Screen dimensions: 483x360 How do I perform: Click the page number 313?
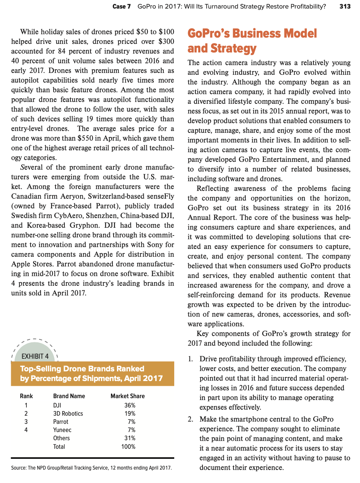345,6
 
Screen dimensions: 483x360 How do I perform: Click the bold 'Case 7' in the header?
121,6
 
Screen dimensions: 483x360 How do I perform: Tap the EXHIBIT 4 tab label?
35,356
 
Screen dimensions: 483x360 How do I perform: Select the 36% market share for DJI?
130,405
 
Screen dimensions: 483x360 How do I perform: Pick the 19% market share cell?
130,413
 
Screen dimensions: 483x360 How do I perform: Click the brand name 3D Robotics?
68,413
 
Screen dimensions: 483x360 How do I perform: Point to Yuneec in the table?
62,430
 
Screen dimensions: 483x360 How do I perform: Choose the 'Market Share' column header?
127,396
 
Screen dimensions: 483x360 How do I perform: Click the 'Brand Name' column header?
69,396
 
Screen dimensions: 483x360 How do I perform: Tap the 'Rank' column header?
26,396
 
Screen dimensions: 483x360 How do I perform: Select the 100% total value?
128,447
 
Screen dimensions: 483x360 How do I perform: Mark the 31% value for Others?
130,438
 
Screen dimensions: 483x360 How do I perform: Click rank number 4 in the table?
26,430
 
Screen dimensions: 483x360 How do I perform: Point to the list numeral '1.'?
190,359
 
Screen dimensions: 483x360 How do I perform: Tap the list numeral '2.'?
190,419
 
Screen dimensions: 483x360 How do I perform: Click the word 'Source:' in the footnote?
19,468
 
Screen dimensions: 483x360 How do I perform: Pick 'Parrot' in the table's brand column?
61,422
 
